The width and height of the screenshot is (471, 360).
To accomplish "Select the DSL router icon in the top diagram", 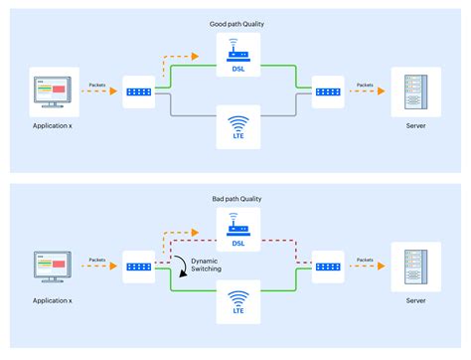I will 236,50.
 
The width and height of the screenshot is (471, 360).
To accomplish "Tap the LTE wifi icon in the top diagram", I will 236,126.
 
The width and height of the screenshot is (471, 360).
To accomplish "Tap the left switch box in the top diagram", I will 139,91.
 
